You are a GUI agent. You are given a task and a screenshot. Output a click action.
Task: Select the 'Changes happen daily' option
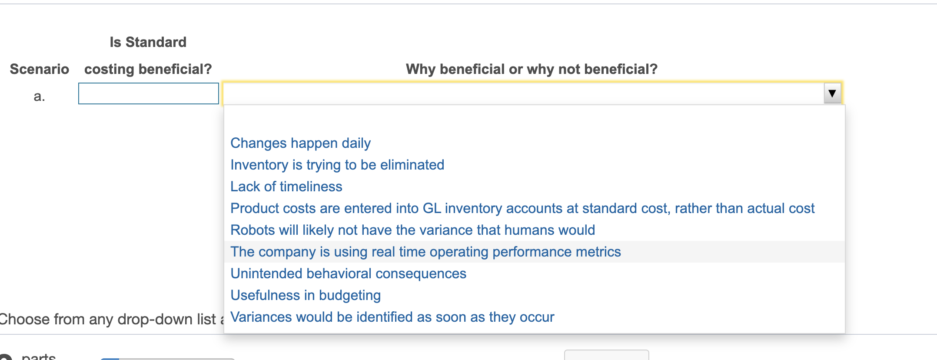click(x=300, y=143)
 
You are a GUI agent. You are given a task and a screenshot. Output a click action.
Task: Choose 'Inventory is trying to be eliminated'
click(x=337, y=165)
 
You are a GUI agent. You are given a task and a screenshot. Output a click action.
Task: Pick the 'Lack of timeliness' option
click(x=286, y=187)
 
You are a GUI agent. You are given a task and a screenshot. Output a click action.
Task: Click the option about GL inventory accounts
click(x=522, y=208)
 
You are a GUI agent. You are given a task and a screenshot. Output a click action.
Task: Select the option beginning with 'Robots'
click(x=412, y=230)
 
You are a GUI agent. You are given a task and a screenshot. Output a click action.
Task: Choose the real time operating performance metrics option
click(x=425, y=252)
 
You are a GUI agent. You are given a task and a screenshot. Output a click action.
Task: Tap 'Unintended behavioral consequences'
click(x=348, y=273)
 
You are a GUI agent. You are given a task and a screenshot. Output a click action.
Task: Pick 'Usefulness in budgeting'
click(x=305, y=295)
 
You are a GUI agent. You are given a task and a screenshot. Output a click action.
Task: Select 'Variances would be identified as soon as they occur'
click(x=392, y=317)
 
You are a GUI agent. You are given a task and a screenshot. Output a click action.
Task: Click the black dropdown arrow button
click(x=832, y=93)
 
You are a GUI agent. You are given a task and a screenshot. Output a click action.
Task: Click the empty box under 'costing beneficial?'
click(x=148, y=93)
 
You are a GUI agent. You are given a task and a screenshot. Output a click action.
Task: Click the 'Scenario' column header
click(x=39, y=69)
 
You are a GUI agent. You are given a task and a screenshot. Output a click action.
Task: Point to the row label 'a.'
click(x=39, y=96)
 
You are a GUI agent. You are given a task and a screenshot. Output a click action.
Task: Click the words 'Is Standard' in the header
click(x=148, y=42)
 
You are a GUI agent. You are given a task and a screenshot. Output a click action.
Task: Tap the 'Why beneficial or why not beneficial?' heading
click(x=531, y=69)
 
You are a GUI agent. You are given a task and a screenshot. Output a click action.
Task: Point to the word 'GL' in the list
click(x=432, y=208)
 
